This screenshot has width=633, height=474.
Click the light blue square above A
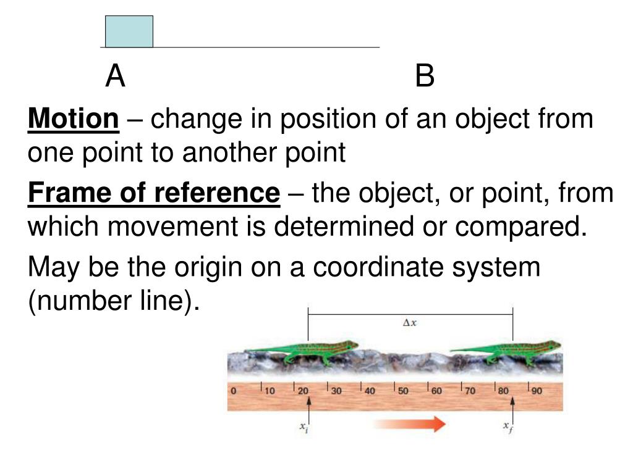(x=129, y=31)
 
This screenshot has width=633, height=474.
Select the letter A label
(x=115, y=77)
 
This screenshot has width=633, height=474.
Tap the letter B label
(x=425, y=77)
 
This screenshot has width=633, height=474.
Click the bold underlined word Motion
(x=73, y=118)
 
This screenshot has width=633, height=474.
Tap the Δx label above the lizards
(x=410, y=322)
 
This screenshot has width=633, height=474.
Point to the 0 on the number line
(x=233, y=391)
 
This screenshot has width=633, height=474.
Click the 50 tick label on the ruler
(x=403, y=391)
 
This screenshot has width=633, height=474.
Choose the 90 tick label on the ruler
(x=537, y=391)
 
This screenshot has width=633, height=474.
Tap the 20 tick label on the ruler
(x=303, y=391)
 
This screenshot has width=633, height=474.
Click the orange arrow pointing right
(x=410, y=424)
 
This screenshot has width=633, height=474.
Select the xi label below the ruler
(x=304, y=427)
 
